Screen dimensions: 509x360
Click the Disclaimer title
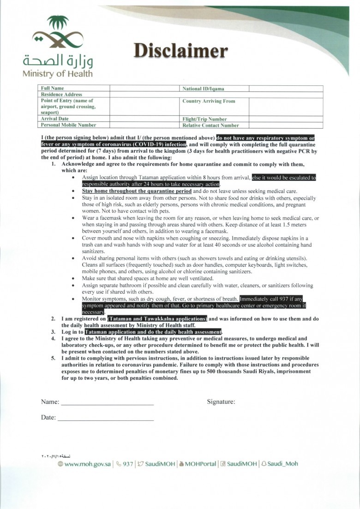point(180,51)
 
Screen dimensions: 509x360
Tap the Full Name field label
point(53,88)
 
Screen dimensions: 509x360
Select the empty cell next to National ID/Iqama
point(286,88)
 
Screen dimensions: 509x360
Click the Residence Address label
point(61,94)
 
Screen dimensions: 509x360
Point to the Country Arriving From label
point(209,101)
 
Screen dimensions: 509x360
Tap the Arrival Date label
point(55,119)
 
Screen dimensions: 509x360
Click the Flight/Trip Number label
point(204,119)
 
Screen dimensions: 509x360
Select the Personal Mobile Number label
point(68,125)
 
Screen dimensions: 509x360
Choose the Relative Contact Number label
point(210,125)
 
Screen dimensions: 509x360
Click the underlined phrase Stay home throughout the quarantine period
point(137,191)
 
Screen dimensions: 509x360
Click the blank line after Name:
point(107,402)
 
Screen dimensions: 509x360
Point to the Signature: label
point(221,402)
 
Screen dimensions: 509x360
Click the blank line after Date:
point(105,418)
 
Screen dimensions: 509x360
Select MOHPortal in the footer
point(200,464)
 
